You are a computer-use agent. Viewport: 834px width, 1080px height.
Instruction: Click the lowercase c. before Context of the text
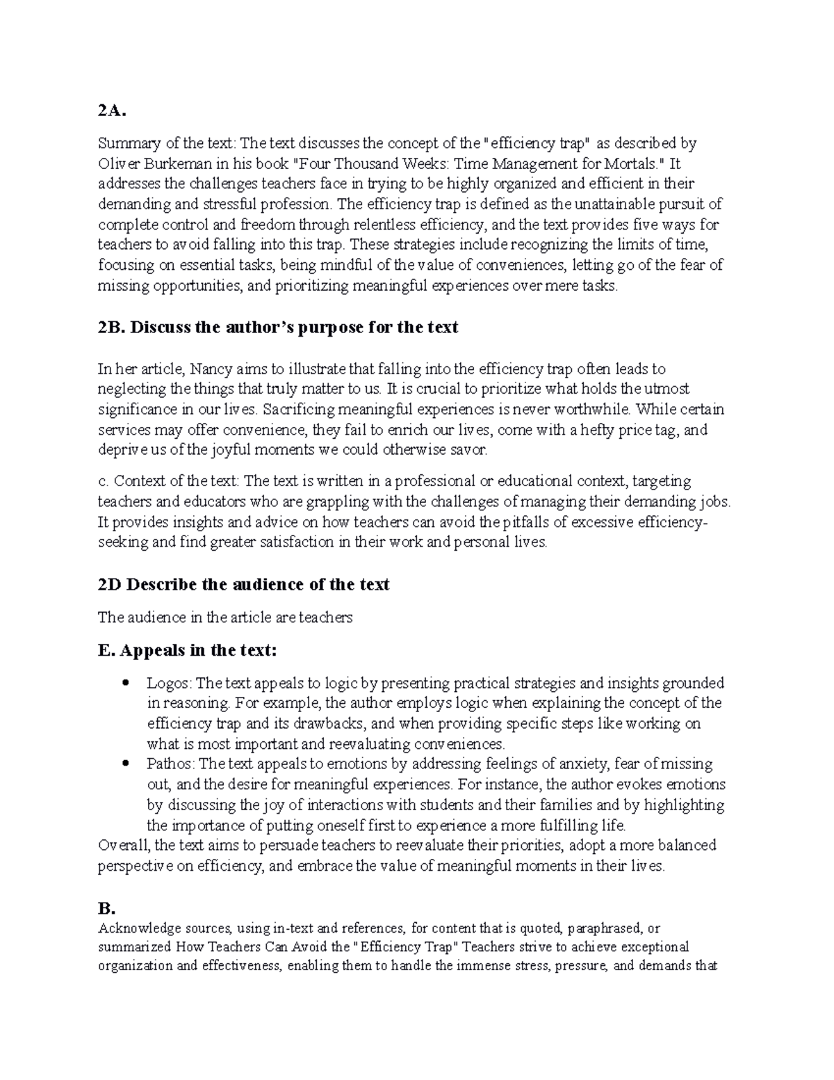click(104, 481)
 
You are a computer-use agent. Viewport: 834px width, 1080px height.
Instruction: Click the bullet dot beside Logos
click(125, 683)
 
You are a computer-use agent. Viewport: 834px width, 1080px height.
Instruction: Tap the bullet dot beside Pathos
click(125, 764)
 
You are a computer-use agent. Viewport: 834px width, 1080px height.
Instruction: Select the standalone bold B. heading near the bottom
click(106, 909)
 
